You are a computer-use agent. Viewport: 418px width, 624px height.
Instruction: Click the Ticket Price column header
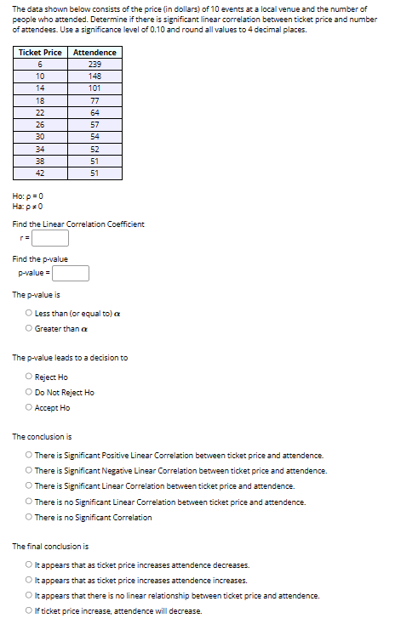40,53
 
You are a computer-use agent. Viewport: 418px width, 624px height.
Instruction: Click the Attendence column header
95,53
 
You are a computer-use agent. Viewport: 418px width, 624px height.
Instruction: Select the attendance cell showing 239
95,64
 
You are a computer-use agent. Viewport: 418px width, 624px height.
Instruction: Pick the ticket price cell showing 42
40,173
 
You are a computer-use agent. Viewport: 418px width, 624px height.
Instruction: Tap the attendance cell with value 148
95,76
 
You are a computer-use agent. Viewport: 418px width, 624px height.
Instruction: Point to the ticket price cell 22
40,112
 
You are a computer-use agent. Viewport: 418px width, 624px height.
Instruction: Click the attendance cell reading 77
95,100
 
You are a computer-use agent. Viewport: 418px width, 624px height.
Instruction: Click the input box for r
50,239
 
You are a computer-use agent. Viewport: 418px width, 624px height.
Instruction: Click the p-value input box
72,273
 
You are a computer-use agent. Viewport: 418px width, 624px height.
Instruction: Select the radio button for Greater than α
29,329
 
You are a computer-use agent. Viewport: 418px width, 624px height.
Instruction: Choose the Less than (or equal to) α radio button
29,314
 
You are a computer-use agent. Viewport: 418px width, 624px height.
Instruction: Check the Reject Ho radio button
29,377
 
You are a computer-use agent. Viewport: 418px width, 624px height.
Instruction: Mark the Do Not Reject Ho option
29,392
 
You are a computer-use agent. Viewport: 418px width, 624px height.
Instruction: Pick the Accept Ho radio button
29,407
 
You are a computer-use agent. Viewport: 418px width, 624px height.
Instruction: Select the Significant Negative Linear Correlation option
29,470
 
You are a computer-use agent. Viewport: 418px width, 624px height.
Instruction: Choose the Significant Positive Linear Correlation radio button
29,455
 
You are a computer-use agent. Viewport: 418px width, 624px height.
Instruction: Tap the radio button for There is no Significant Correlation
29,517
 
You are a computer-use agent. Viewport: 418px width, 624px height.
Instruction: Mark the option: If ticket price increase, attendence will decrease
29,611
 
